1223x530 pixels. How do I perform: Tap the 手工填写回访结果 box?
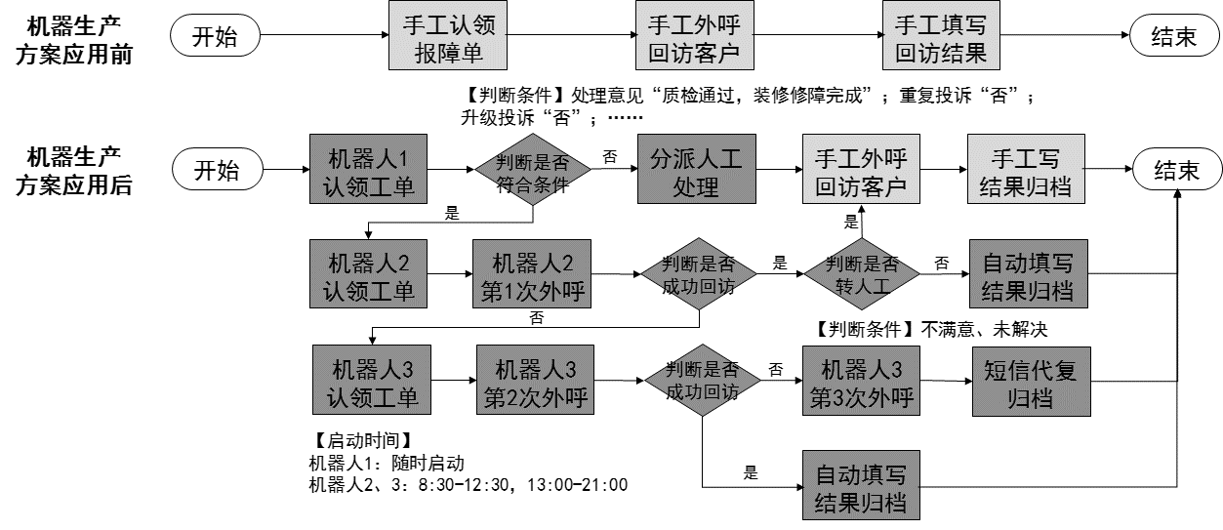tap(941, 39)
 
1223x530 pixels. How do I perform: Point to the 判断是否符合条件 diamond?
tap(532, 172)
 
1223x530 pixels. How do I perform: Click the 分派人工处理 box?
tap(695, 172)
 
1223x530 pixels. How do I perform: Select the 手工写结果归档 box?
tap(1024, 172)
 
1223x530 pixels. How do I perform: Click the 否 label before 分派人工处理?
tap(610, 156)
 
